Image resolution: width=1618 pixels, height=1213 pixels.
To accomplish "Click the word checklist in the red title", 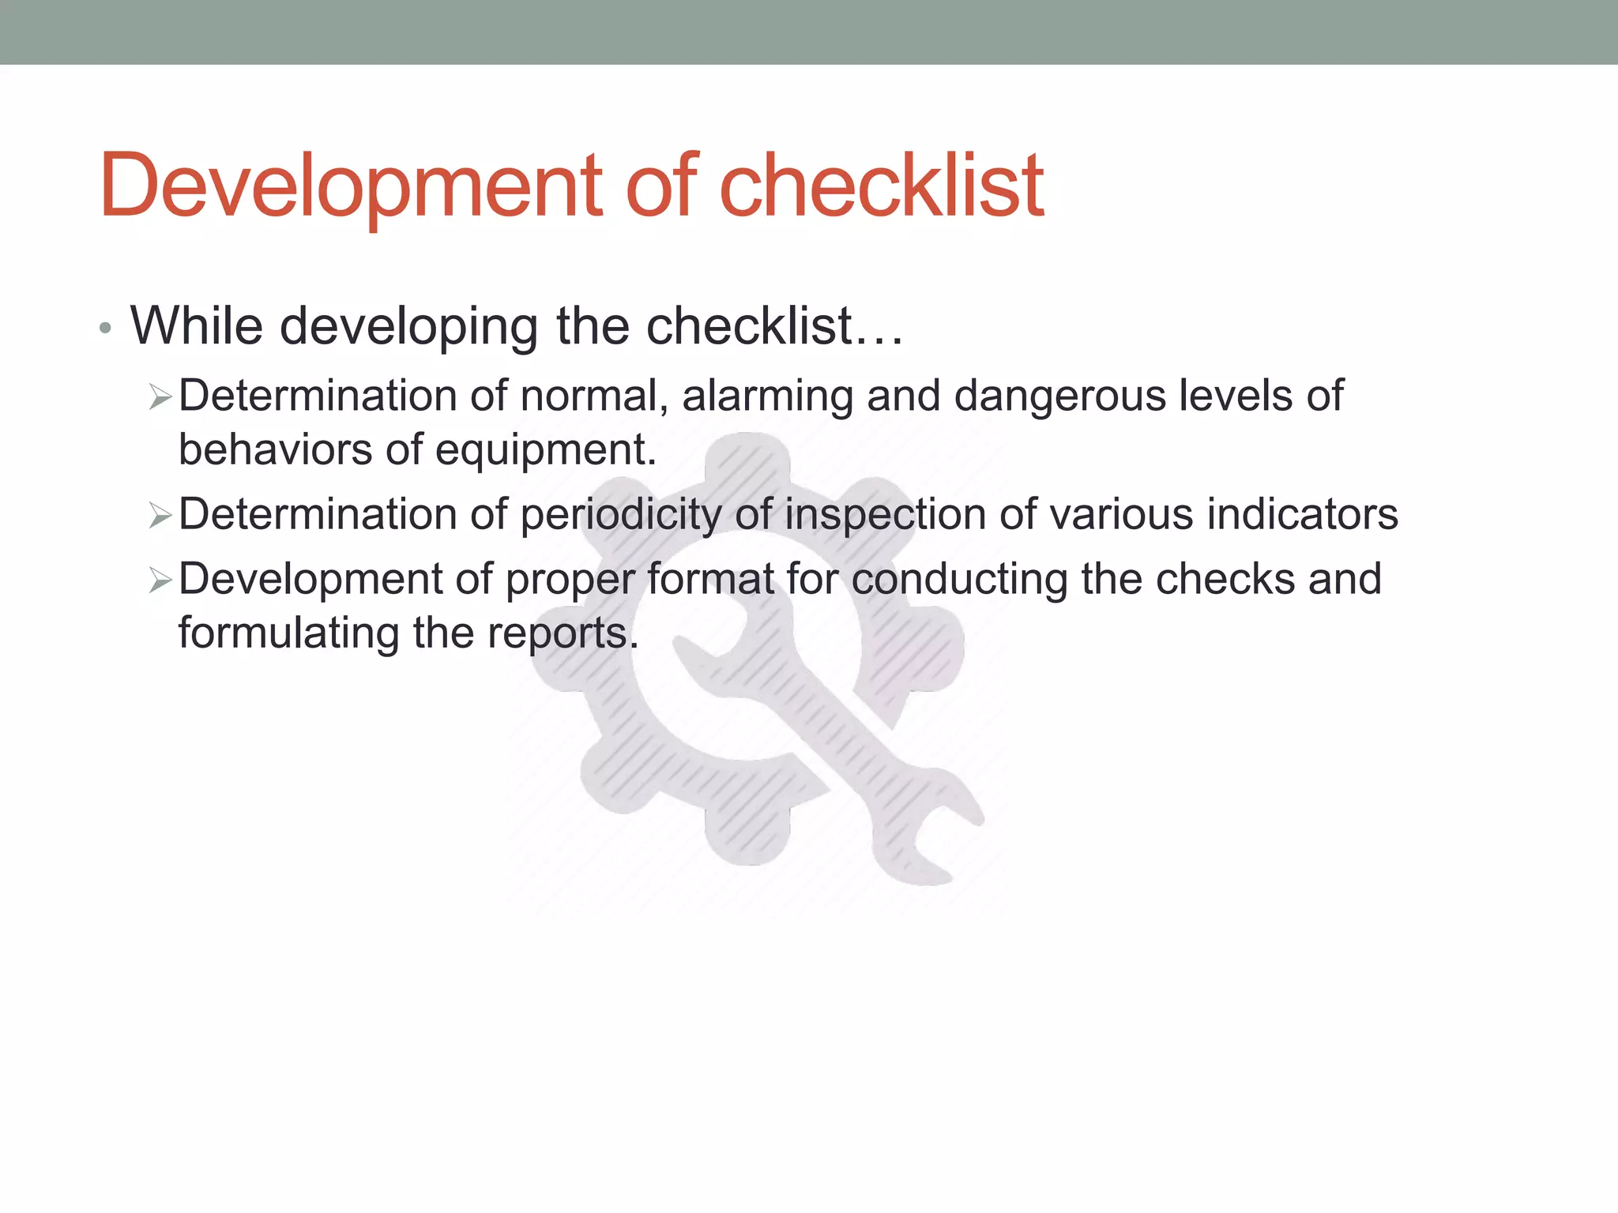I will (x=881, y=186).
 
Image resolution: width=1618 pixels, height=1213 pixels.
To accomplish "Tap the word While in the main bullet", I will (x=196, y=325).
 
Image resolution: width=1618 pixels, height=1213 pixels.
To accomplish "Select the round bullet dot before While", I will (x=105, y=328).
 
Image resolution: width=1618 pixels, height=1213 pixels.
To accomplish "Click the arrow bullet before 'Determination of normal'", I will (x=160, y=397).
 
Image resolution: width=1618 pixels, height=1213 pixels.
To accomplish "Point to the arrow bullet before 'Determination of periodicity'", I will (x=160, y=516).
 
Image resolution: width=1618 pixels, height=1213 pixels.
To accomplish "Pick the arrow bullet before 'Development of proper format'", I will (x=160, y=581).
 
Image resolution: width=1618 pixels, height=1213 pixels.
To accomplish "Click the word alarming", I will (x=767, y=396).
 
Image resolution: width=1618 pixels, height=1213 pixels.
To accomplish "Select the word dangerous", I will (x=1059, y=396).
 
